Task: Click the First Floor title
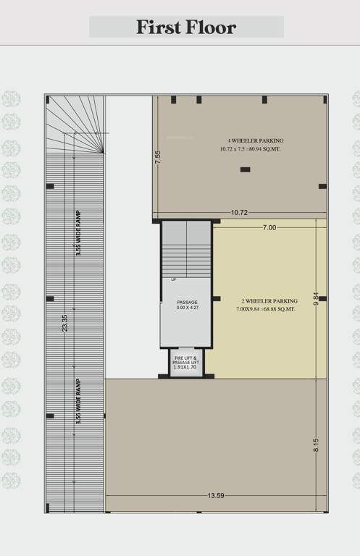pos(186,28)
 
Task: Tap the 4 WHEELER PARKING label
pos(251,140)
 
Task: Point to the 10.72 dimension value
pos(240,213)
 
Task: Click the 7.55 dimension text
pos(158,158)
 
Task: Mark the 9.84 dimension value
pos(317,298)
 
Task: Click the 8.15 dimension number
pos(316,445)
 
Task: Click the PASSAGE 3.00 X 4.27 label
pos(187,305)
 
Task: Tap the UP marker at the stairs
pos(174,279)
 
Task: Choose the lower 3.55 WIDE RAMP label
pos(78,402)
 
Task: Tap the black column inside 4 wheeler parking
pos(245,169)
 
